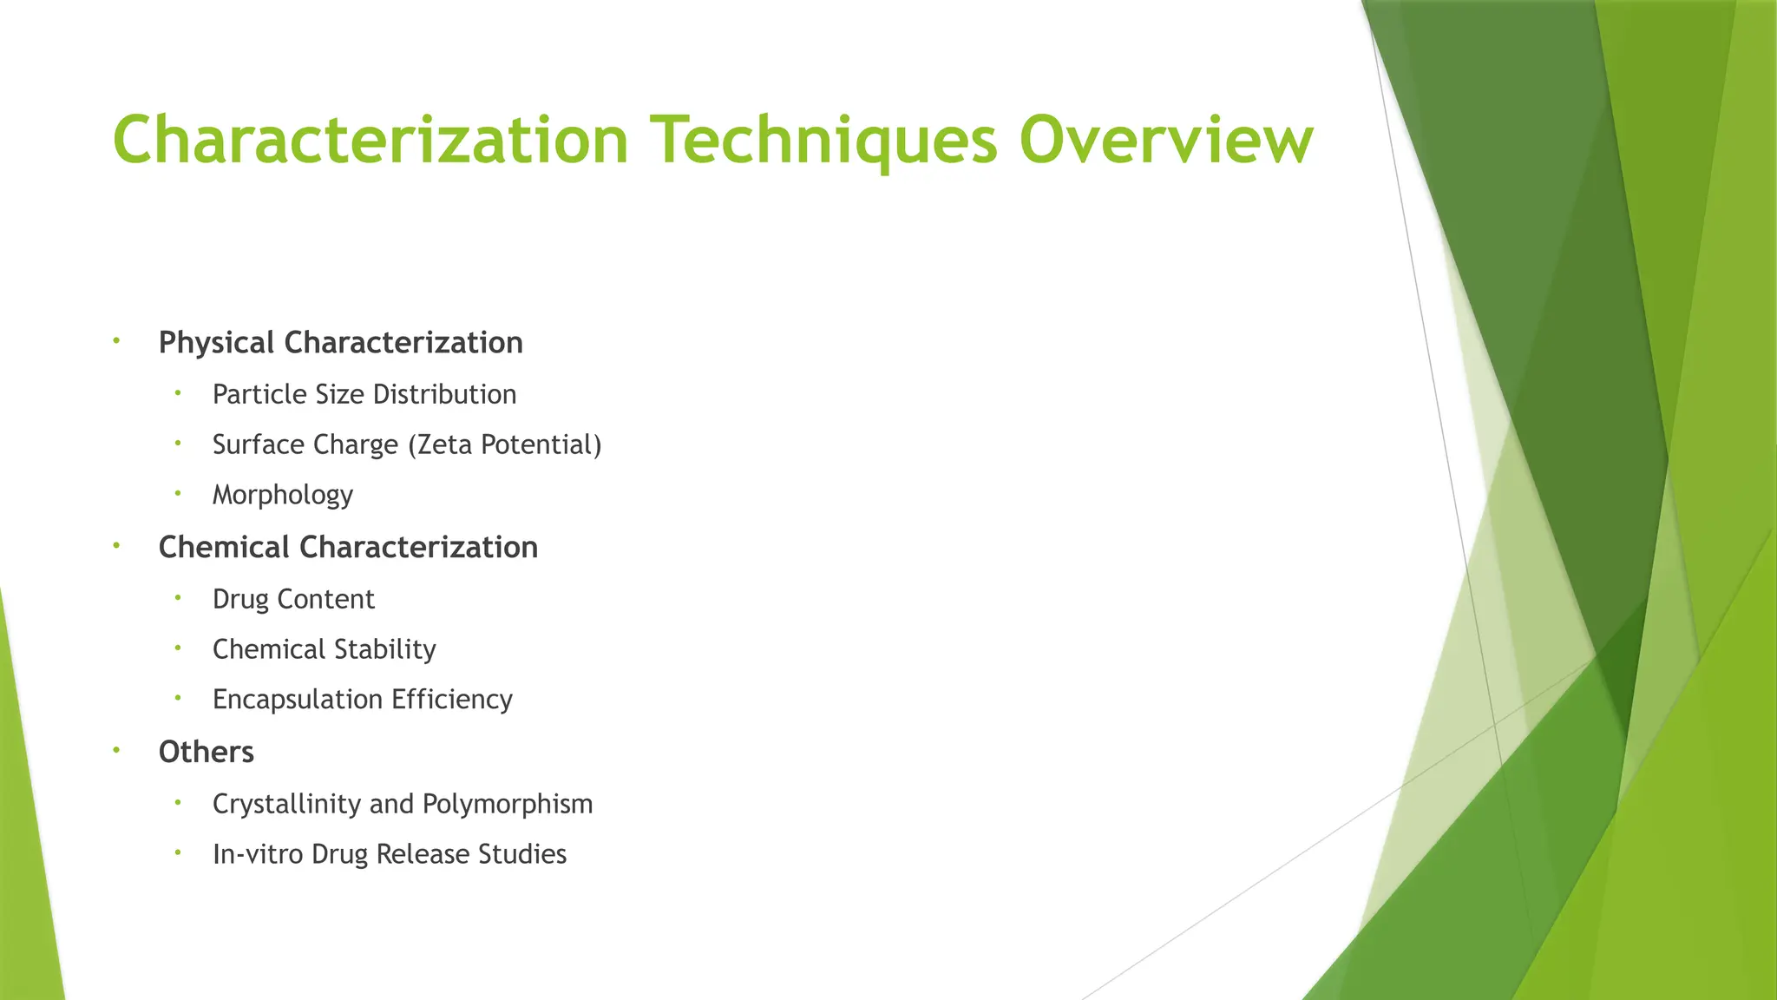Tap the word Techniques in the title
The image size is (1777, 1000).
[825, 141]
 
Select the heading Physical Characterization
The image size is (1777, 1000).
[340, 343]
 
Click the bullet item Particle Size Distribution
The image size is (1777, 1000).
[364, 395]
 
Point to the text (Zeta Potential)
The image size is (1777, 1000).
[503, 445]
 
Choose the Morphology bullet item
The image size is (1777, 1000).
[283, 495]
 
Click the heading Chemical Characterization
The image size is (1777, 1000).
[348, 548]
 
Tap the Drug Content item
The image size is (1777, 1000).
[293, 599]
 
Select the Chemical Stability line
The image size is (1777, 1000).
[324, 649]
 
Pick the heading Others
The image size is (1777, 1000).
[206, 752]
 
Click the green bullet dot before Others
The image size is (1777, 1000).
[116, 749]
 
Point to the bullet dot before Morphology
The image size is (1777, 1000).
[177, 492]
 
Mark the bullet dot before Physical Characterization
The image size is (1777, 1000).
[116, 340]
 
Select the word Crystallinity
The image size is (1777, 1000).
[287, 805]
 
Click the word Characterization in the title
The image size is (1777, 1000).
[370, 140]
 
